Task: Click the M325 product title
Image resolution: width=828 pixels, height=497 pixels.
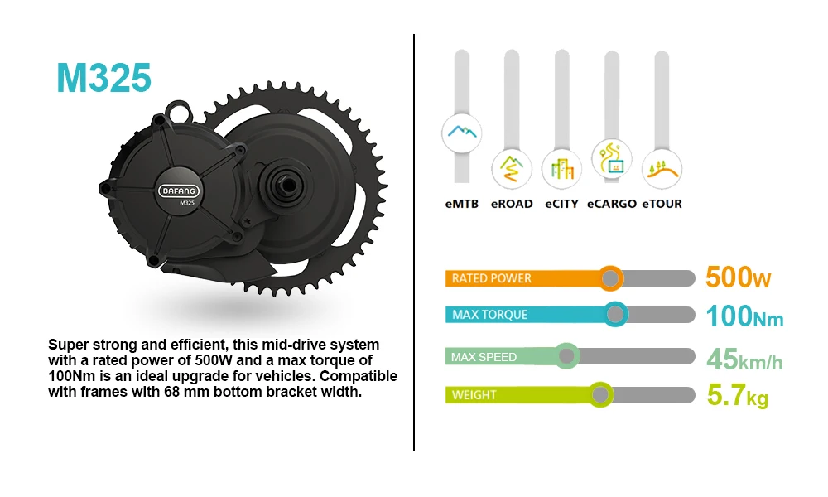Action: (104, 78)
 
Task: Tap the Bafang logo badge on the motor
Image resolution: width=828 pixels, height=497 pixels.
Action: (179, 191)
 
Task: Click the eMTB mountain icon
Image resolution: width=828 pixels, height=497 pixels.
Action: (461, 133)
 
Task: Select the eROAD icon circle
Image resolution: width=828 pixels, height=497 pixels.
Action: (511, 169)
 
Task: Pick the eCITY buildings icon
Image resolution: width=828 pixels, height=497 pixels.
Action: (561, 169)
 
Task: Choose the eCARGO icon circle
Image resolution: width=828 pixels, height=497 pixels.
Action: (612, 158)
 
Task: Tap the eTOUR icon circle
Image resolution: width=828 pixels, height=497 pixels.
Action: (662, 169)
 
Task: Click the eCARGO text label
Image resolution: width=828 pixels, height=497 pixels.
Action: (612, 204)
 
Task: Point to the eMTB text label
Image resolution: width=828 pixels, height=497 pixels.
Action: (461, 204)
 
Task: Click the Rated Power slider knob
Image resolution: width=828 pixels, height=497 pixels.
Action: (610, 278)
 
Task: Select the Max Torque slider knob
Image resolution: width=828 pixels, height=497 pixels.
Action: (615, 315)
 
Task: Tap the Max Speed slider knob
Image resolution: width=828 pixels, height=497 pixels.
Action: (566, 356)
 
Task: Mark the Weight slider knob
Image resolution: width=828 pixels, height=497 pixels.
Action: (599, 394)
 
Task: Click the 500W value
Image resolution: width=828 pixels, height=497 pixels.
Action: (739, 277)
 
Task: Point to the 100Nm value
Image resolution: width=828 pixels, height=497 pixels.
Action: (744, 316)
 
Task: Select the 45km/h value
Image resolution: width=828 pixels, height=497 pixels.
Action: (744, 359)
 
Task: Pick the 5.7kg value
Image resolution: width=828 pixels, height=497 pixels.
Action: (738, 396)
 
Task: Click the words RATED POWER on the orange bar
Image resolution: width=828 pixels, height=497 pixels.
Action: (491, 278)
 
